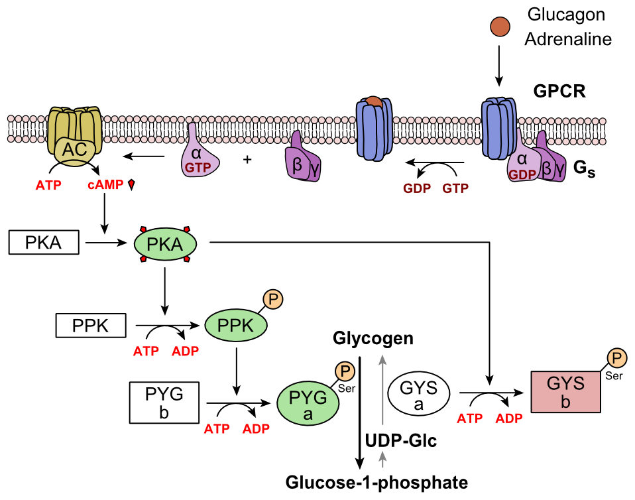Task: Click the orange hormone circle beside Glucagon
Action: (x=500, y=27)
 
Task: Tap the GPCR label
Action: (x=559, y=91)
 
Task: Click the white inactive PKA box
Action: (x=44, y=243)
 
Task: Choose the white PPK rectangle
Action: (x=90, y=326)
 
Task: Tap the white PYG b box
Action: (x=164, y=403)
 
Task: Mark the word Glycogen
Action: (x=373, y=339)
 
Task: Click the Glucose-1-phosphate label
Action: (x=376, y=482)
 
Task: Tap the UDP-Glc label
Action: (x=400, y=441)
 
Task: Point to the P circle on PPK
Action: (x=275, y=300)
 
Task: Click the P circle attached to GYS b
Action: (x=617, y=359)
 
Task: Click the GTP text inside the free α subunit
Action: (x=198, y=168)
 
